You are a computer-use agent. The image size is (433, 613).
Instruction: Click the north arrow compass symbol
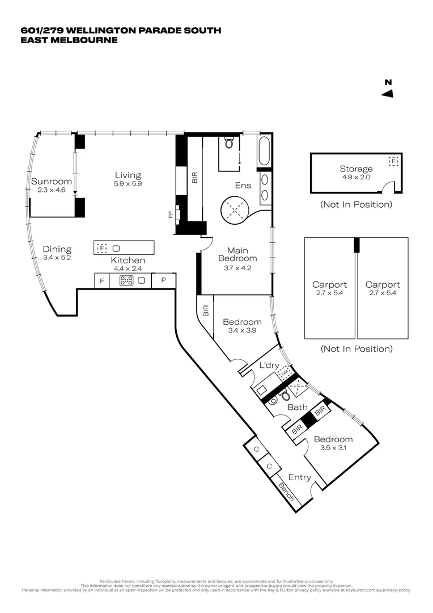(x=388, y=93)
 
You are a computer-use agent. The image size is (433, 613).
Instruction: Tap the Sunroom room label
(x=52, y=182)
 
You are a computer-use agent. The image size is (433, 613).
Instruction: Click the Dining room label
(x=57, y=249)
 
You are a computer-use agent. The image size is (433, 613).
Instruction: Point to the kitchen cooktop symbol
(x=126, y=280)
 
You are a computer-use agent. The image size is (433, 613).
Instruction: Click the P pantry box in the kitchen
(x=164, y=280)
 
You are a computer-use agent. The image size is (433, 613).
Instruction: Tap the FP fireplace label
(x=169, y=215)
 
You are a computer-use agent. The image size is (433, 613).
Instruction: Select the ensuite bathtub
(x=265, y=151)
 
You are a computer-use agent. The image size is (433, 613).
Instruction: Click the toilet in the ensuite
(x=230, y=142)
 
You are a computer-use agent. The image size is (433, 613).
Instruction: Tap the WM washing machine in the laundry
(x=285, y=372)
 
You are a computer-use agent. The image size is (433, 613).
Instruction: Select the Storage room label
(x=356, y=169)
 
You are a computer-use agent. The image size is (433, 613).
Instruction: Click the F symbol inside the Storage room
(x=393, y=161)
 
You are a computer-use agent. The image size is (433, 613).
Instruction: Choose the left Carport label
(x=329, y=285)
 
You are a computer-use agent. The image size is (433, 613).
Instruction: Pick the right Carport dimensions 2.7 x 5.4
(x=383, y=293)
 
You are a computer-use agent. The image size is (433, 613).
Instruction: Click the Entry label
(x=299, y=477)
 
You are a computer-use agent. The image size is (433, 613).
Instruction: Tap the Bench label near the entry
(x=286, y=492)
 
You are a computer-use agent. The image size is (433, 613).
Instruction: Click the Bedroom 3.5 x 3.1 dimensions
(x=333, y=448)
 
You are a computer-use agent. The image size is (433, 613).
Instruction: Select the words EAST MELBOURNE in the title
(x=69, y=40)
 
